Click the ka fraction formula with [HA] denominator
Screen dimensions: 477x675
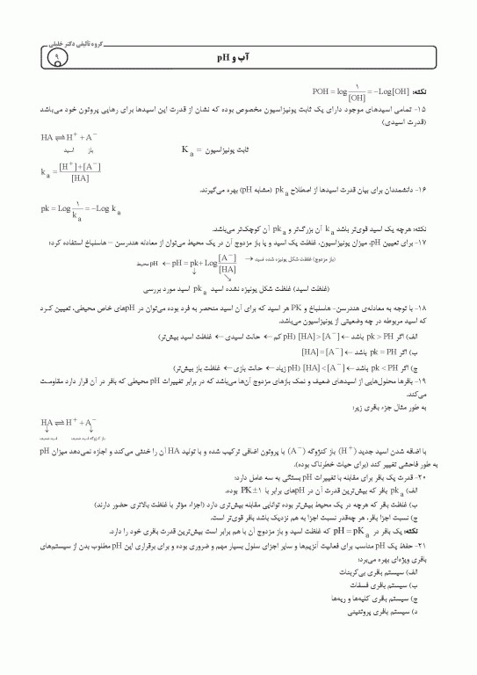(x=69, y=171)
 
